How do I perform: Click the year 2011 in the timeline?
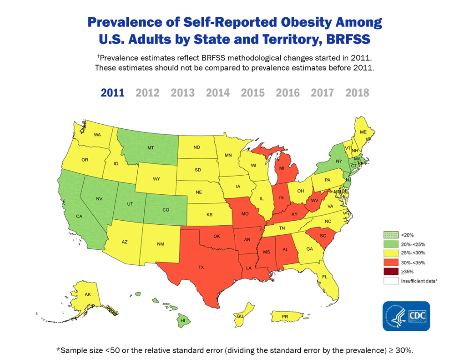112,93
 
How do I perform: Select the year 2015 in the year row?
253,93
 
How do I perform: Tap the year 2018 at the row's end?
357,93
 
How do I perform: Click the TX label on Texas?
201,267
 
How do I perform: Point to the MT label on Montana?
150,148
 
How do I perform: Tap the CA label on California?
79,216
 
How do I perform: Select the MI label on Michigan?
282,168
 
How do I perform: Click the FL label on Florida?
324,277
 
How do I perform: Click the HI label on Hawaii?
183,320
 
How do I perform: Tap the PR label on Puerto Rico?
284,317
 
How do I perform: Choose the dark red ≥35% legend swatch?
390,272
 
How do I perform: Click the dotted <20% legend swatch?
390,235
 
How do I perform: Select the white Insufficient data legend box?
390,281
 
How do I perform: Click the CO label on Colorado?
166,210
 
